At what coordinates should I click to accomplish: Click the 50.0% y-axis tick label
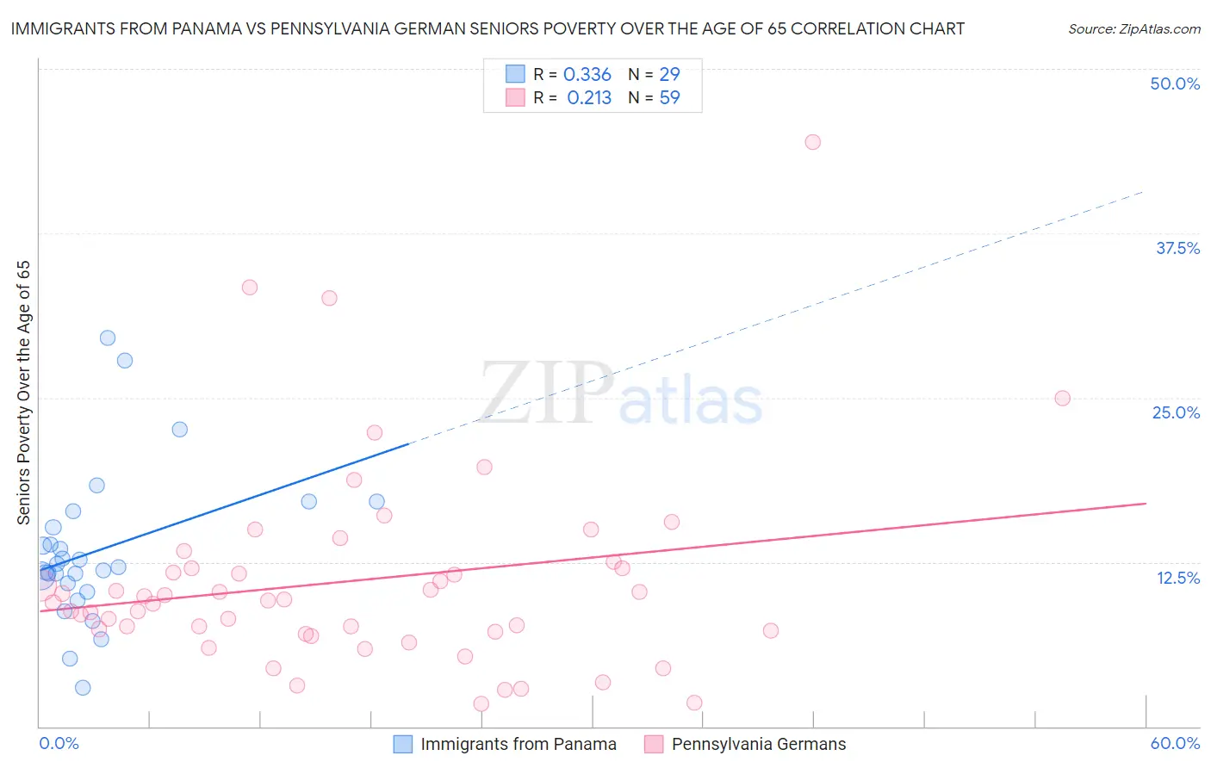pos(1175,84)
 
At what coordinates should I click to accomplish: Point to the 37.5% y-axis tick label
pos(1177,248)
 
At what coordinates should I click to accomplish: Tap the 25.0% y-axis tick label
pos(1176,412)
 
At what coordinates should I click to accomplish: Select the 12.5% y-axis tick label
pos(1177,578)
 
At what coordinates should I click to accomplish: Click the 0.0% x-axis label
pos(59,743)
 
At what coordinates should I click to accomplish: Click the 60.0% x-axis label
pos(1175,743)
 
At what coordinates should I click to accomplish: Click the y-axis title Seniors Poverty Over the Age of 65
pos(23,392)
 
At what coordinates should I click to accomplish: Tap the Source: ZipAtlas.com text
pos(1133,28)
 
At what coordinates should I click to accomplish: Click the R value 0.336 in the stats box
pos(587,74)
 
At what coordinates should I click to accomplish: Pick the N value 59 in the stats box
pos(669,97)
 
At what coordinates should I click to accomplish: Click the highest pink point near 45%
pos(812,142)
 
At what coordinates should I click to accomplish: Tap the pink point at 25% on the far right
pos(1062,398)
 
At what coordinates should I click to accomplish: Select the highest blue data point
pos(108,338)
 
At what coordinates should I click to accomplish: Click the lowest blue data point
pos(83,687)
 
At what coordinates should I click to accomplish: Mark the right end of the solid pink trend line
pos(1146,503)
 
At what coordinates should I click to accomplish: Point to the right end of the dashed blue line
pos(1144,191)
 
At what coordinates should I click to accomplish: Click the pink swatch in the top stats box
pos(515,97)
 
